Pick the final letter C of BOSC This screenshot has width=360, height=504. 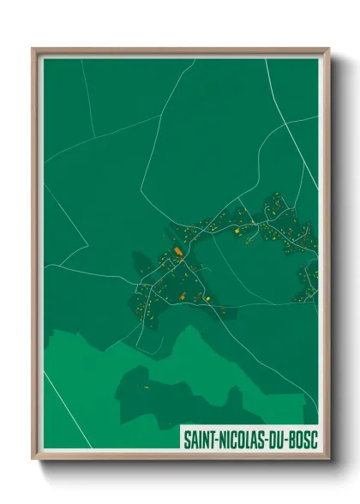[x=315, y=438]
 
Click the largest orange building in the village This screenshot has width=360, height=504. [x=178, y=251]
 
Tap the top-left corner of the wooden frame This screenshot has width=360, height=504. [x=33, y=49]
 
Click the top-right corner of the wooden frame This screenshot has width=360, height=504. [x=328, y=49]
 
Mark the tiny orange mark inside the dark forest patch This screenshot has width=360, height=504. [x=146, y=388]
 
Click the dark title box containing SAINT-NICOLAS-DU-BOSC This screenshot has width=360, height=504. [x=249, y=438]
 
